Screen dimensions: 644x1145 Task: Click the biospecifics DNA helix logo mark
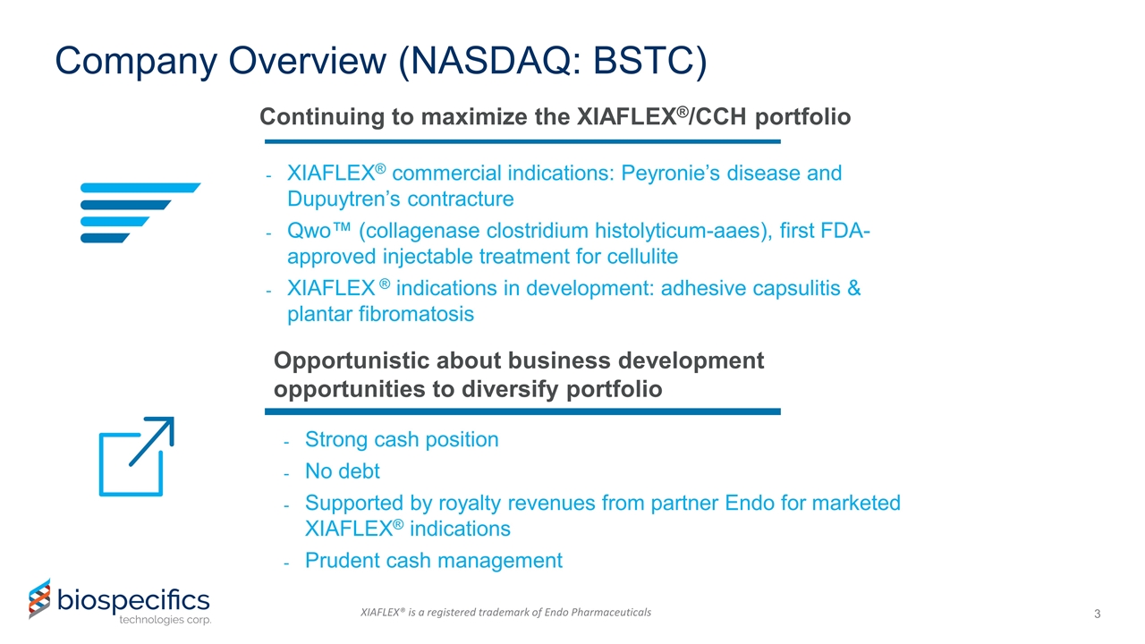(x=38, y=598)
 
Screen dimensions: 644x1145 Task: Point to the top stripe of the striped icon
(x=140, y=187)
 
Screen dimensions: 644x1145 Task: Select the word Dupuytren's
(x=356, y=199)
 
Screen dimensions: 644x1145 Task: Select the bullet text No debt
(x=342, y=470)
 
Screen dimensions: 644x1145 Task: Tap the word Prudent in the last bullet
(x=344, y=560)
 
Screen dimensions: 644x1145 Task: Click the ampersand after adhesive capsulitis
(x=852, y=289)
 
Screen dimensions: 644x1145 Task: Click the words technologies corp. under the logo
(x=165, y=620)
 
